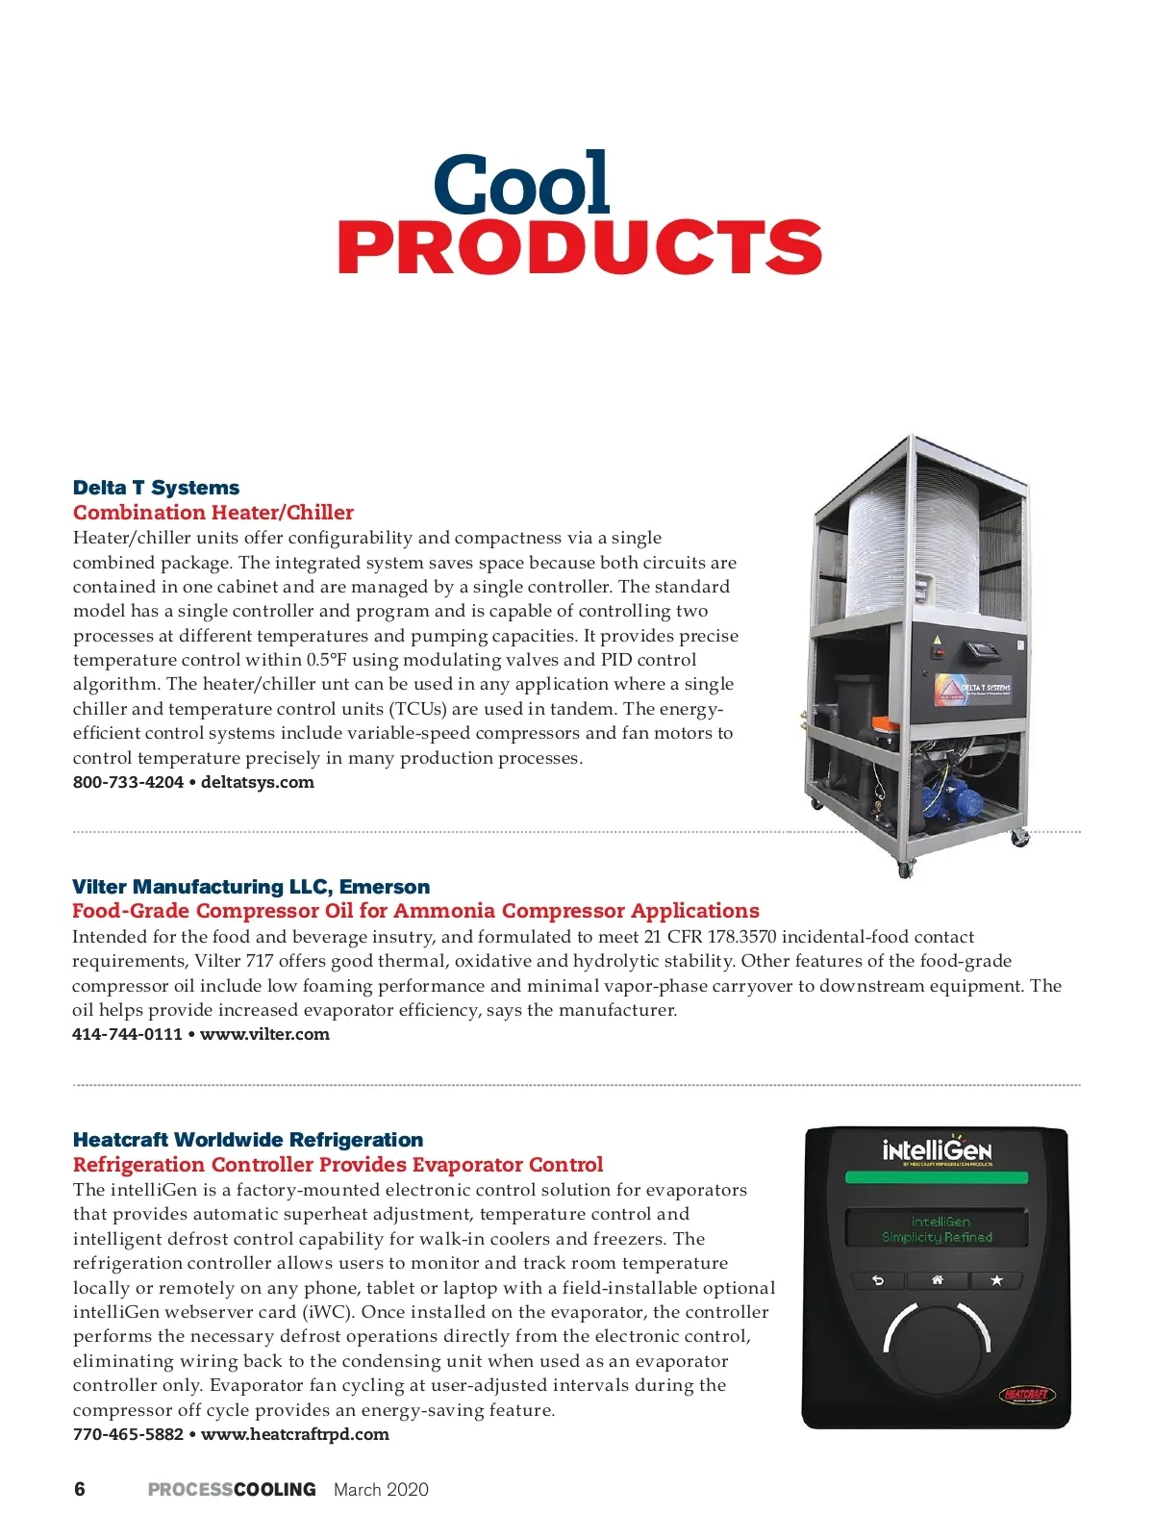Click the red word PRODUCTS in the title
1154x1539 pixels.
click(x=579, y=246)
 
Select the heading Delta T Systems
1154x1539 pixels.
click(x=156, y=488)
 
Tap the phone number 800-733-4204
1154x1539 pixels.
click(x=128, y=782)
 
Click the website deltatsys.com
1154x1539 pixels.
click(x=258, y=782)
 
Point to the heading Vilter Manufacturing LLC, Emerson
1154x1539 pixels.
click(x=251, y=887)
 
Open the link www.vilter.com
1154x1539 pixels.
click(x=264, y=1034)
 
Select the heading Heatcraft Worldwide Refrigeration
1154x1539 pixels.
click(x=248, y=1140)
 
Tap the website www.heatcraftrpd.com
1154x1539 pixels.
click(x=294, y=1434)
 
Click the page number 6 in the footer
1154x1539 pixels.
click(x=80, y=1489)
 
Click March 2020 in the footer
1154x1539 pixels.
click(x=381, y=1489)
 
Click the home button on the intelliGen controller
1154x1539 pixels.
click(x=937, y=1280)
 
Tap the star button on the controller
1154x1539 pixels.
click(x=996, y=1280)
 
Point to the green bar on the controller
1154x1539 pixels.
click(x=936, y=1177)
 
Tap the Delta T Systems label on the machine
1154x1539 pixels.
click(x=972, y=689)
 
